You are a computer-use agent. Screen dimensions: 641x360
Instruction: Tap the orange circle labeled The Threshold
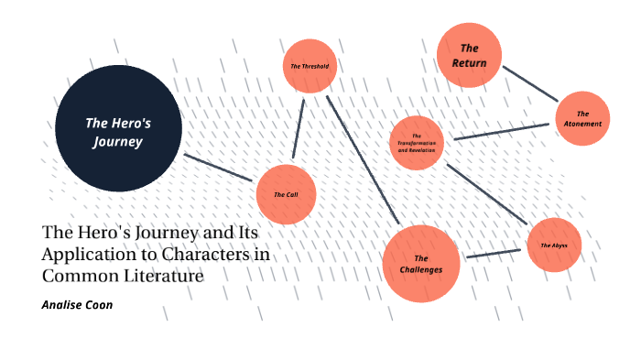point(310,66)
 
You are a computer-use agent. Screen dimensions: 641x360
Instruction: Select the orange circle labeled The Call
point(286,194)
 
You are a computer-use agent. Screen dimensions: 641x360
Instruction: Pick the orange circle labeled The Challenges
point(420,264)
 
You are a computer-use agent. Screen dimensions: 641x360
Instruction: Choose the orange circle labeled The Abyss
point(554,245)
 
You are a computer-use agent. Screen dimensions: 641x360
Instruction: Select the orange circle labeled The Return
point(469,55)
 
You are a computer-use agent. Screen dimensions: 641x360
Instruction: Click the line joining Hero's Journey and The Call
point(219,167)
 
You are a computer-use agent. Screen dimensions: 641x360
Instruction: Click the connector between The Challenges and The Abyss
point(494,253)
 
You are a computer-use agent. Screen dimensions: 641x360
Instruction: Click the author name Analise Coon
point(78,304)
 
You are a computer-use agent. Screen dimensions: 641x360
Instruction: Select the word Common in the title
point(77,276)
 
